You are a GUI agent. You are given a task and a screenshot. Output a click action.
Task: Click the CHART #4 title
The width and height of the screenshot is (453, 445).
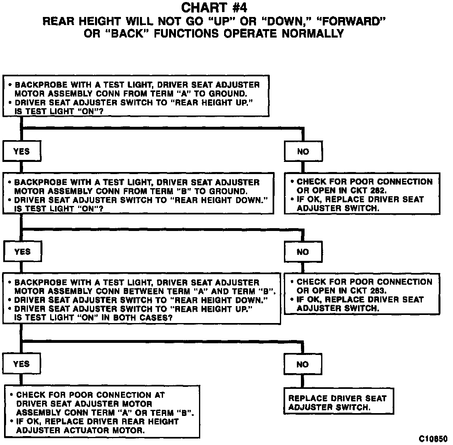pyautogui.click(x=214, y=8)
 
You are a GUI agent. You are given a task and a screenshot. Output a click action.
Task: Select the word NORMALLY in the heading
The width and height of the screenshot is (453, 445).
pyautogui.click(x=311, y=34)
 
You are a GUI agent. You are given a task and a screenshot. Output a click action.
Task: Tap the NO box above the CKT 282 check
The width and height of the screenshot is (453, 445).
pyautogui.click(x=303, y=152)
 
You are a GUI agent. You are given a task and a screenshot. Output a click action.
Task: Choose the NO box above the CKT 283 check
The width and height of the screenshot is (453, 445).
pyautogui.click(x=303, y=252)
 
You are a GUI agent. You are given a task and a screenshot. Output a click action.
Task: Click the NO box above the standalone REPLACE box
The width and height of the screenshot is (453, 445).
pyautogui.click(x=303, y=365)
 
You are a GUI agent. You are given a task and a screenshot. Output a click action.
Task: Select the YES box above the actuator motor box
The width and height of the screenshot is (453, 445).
pyautogui.click(x=21, y=364)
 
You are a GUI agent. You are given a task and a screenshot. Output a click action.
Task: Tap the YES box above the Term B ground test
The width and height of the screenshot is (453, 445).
pyautogui.click(x=21, y=151)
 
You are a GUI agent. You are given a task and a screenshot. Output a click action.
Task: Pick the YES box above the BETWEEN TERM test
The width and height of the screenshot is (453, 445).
pyautogui.click(x=22, y=252)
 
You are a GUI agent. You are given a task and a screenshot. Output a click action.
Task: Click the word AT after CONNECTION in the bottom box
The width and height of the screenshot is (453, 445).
pyautogui.click(x=159, y=395)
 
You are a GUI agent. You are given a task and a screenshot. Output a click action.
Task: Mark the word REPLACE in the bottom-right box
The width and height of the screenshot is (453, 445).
pyautogui.click(x=306, y=399)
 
